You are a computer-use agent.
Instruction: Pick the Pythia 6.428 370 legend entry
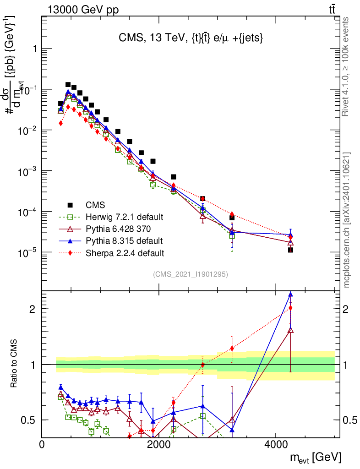pyautogui.click(x=118, y=229)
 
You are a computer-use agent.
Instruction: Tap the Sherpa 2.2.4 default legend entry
pyautogui.click(x=122, y=252)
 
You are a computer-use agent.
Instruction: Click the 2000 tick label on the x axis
pyautogui.click(x=159, y=444)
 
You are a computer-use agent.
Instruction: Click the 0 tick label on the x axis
pyautogui.click(x=42, y=444)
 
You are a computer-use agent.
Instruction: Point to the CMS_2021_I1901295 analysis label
pyautogui.click(x=191, y=274)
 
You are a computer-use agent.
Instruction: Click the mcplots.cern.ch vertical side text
pyautogui.click(x=347, y=220)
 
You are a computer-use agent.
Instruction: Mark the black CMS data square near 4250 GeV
pyautogui.click(x=290, y=250)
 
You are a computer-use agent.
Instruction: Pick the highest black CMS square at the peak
pyautogui.click(x=68, y=85)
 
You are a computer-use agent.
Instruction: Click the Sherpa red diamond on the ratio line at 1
pyautogui.click(x=203, y=365)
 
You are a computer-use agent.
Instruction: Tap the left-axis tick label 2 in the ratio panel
pyautogui.click(x=33, y=309)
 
